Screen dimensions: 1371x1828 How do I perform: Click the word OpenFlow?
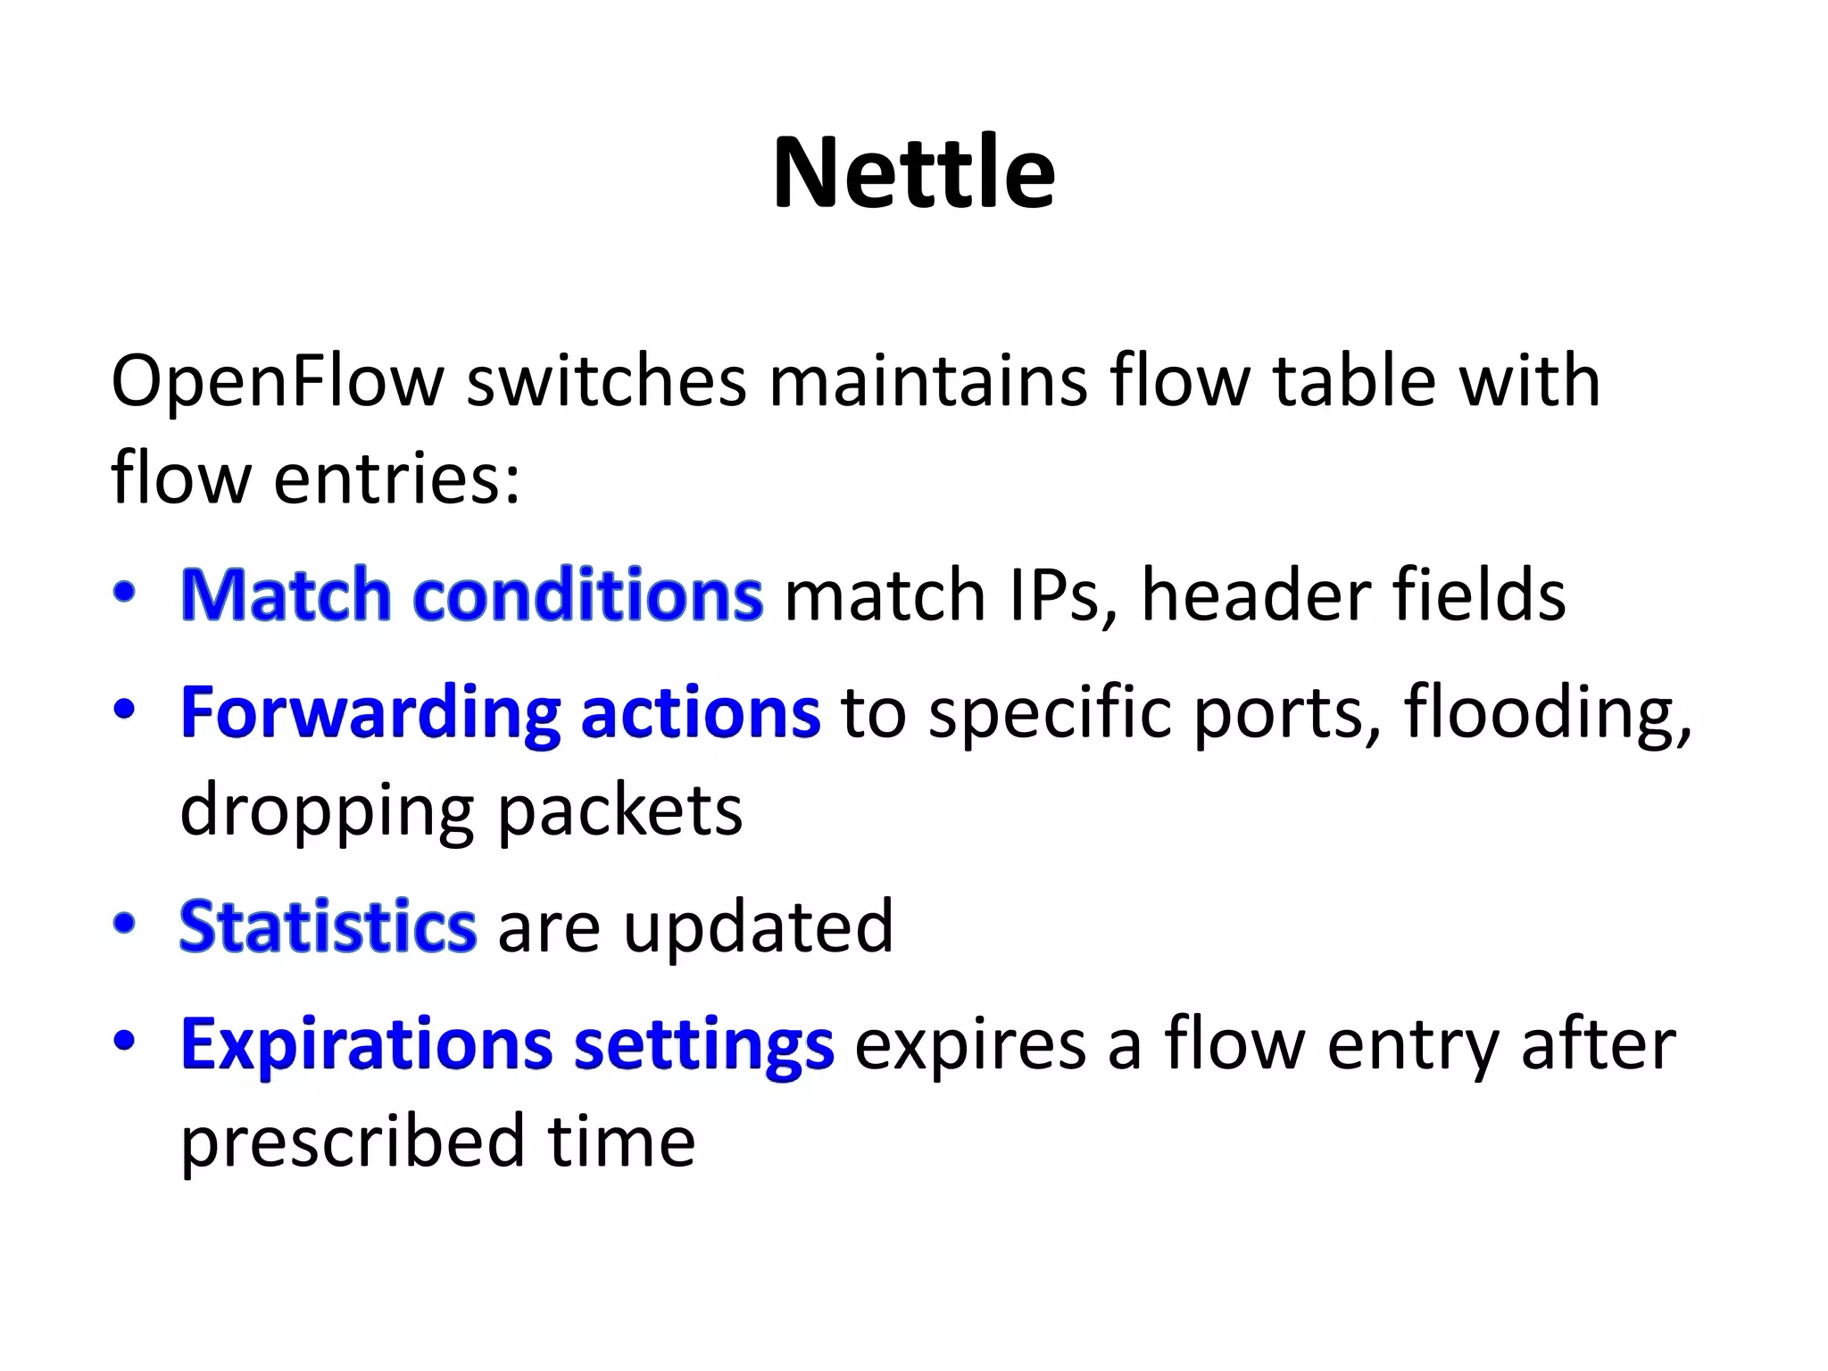click(277, 382)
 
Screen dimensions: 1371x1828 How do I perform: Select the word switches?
click(606, 382)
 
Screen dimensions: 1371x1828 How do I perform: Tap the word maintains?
click(928, 382)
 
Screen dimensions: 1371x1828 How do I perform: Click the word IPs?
click(1061, 595)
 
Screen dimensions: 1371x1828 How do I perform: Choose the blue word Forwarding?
click(370, 714)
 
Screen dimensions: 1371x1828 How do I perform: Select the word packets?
click(619, 810)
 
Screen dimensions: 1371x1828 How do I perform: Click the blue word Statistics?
click(328, 926)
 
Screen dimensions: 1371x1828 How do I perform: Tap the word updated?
click(758, 926)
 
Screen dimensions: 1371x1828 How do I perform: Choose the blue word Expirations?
click(366, 1044)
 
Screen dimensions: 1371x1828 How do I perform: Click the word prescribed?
click(352, 1142)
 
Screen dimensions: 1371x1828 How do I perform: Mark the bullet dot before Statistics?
click(124, 923)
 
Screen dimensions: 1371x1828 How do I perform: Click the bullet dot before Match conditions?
click(124, 592)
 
